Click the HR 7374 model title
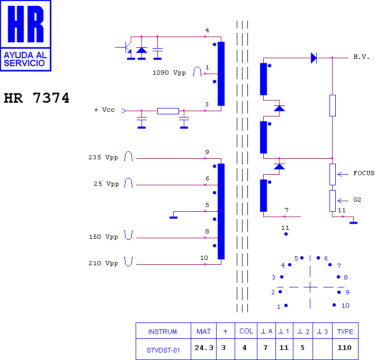pyautogui.click(x=37, y=98)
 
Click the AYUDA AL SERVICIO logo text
pyautogui.click(x=25, y=59)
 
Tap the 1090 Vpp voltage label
pyautogui.click(x=169, y=73)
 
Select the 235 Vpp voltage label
pyautogui.click(x=103, y=157)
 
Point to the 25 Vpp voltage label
pyautogui.click(x=106, y=184)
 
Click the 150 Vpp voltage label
pyautogui.click(x=103, y=237)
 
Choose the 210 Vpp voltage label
pyautogui.click(x=103, y=263)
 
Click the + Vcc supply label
pyautogui.click(x=104, y=110)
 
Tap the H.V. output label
pyautogui.click(x=361, y=57)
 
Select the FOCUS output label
pyautogui.click(x=364, y=173)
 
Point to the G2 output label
pyautogui.click(x=358, y=200)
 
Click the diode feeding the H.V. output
pyautogui.click(x=314, y=58)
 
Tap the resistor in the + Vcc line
pyautogui.click(x=168, y=111)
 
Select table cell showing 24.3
pyautogui.click(x=204, y=348)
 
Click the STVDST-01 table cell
pyautogui.click(x=163, y=350)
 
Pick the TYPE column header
pyautogui.click(x=345, y=331)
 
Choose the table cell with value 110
pyautogui.click(x=344, y=348)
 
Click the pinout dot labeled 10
pyautogui.click(x=334, y=305)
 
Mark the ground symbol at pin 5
pyautogui.click(x=173, y=218)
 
